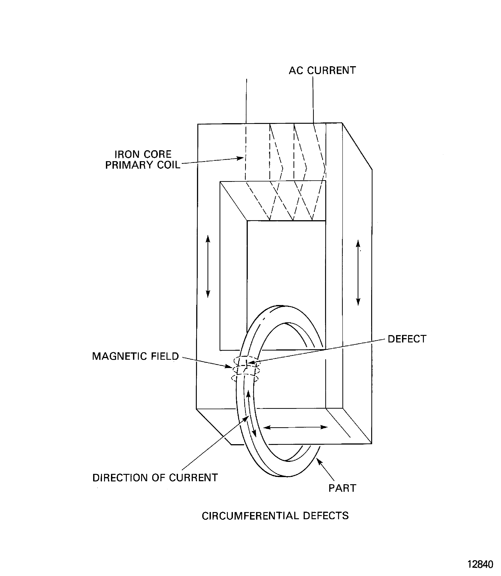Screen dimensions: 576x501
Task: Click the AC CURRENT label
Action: pos(322,71)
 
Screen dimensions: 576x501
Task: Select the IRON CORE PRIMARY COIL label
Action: pos(143,160)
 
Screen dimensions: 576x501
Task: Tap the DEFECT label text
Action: pos(407,339)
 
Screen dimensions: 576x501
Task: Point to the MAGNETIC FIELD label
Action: pos(135,356)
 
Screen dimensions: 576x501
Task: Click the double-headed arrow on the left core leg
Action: pos(208,266)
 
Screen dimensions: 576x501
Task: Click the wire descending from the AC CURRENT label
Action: pos(313,101)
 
